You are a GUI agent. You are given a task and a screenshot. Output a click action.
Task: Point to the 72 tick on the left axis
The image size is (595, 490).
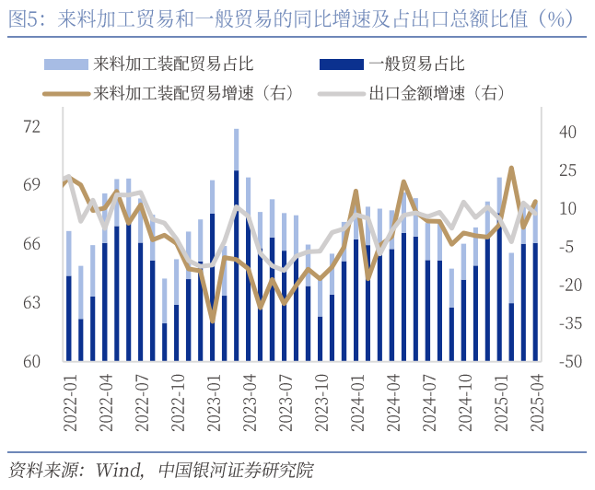(32, 126)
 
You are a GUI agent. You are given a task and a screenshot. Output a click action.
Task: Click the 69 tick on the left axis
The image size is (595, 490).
(32, 185)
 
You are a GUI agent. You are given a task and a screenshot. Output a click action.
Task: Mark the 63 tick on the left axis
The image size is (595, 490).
(32, 302)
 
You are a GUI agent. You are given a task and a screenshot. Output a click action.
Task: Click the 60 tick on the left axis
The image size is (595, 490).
(32, 361)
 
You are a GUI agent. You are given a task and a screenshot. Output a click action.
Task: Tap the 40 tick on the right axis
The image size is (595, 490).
(567, 133)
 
